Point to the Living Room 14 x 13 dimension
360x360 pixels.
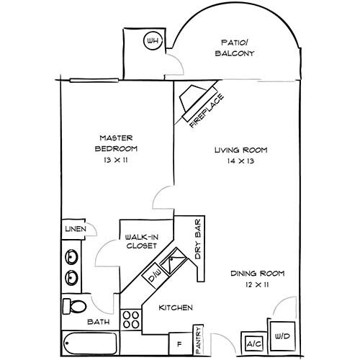[x=240, y=161]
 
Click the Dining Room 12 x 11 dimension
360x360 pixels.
[x=257, y=285]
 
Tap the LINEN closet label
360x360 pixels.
[x=76, y=229]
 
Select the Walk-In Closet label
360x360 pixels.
[x=142, y=240]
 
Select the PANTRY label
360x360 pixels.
[x=198, y=340]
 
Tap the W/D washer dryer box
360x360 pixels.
[x=281, y=335]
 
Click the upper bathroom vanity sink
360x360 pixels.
[x=72, y=256]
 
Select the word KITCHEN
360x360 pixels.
[x=176, y=307]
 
